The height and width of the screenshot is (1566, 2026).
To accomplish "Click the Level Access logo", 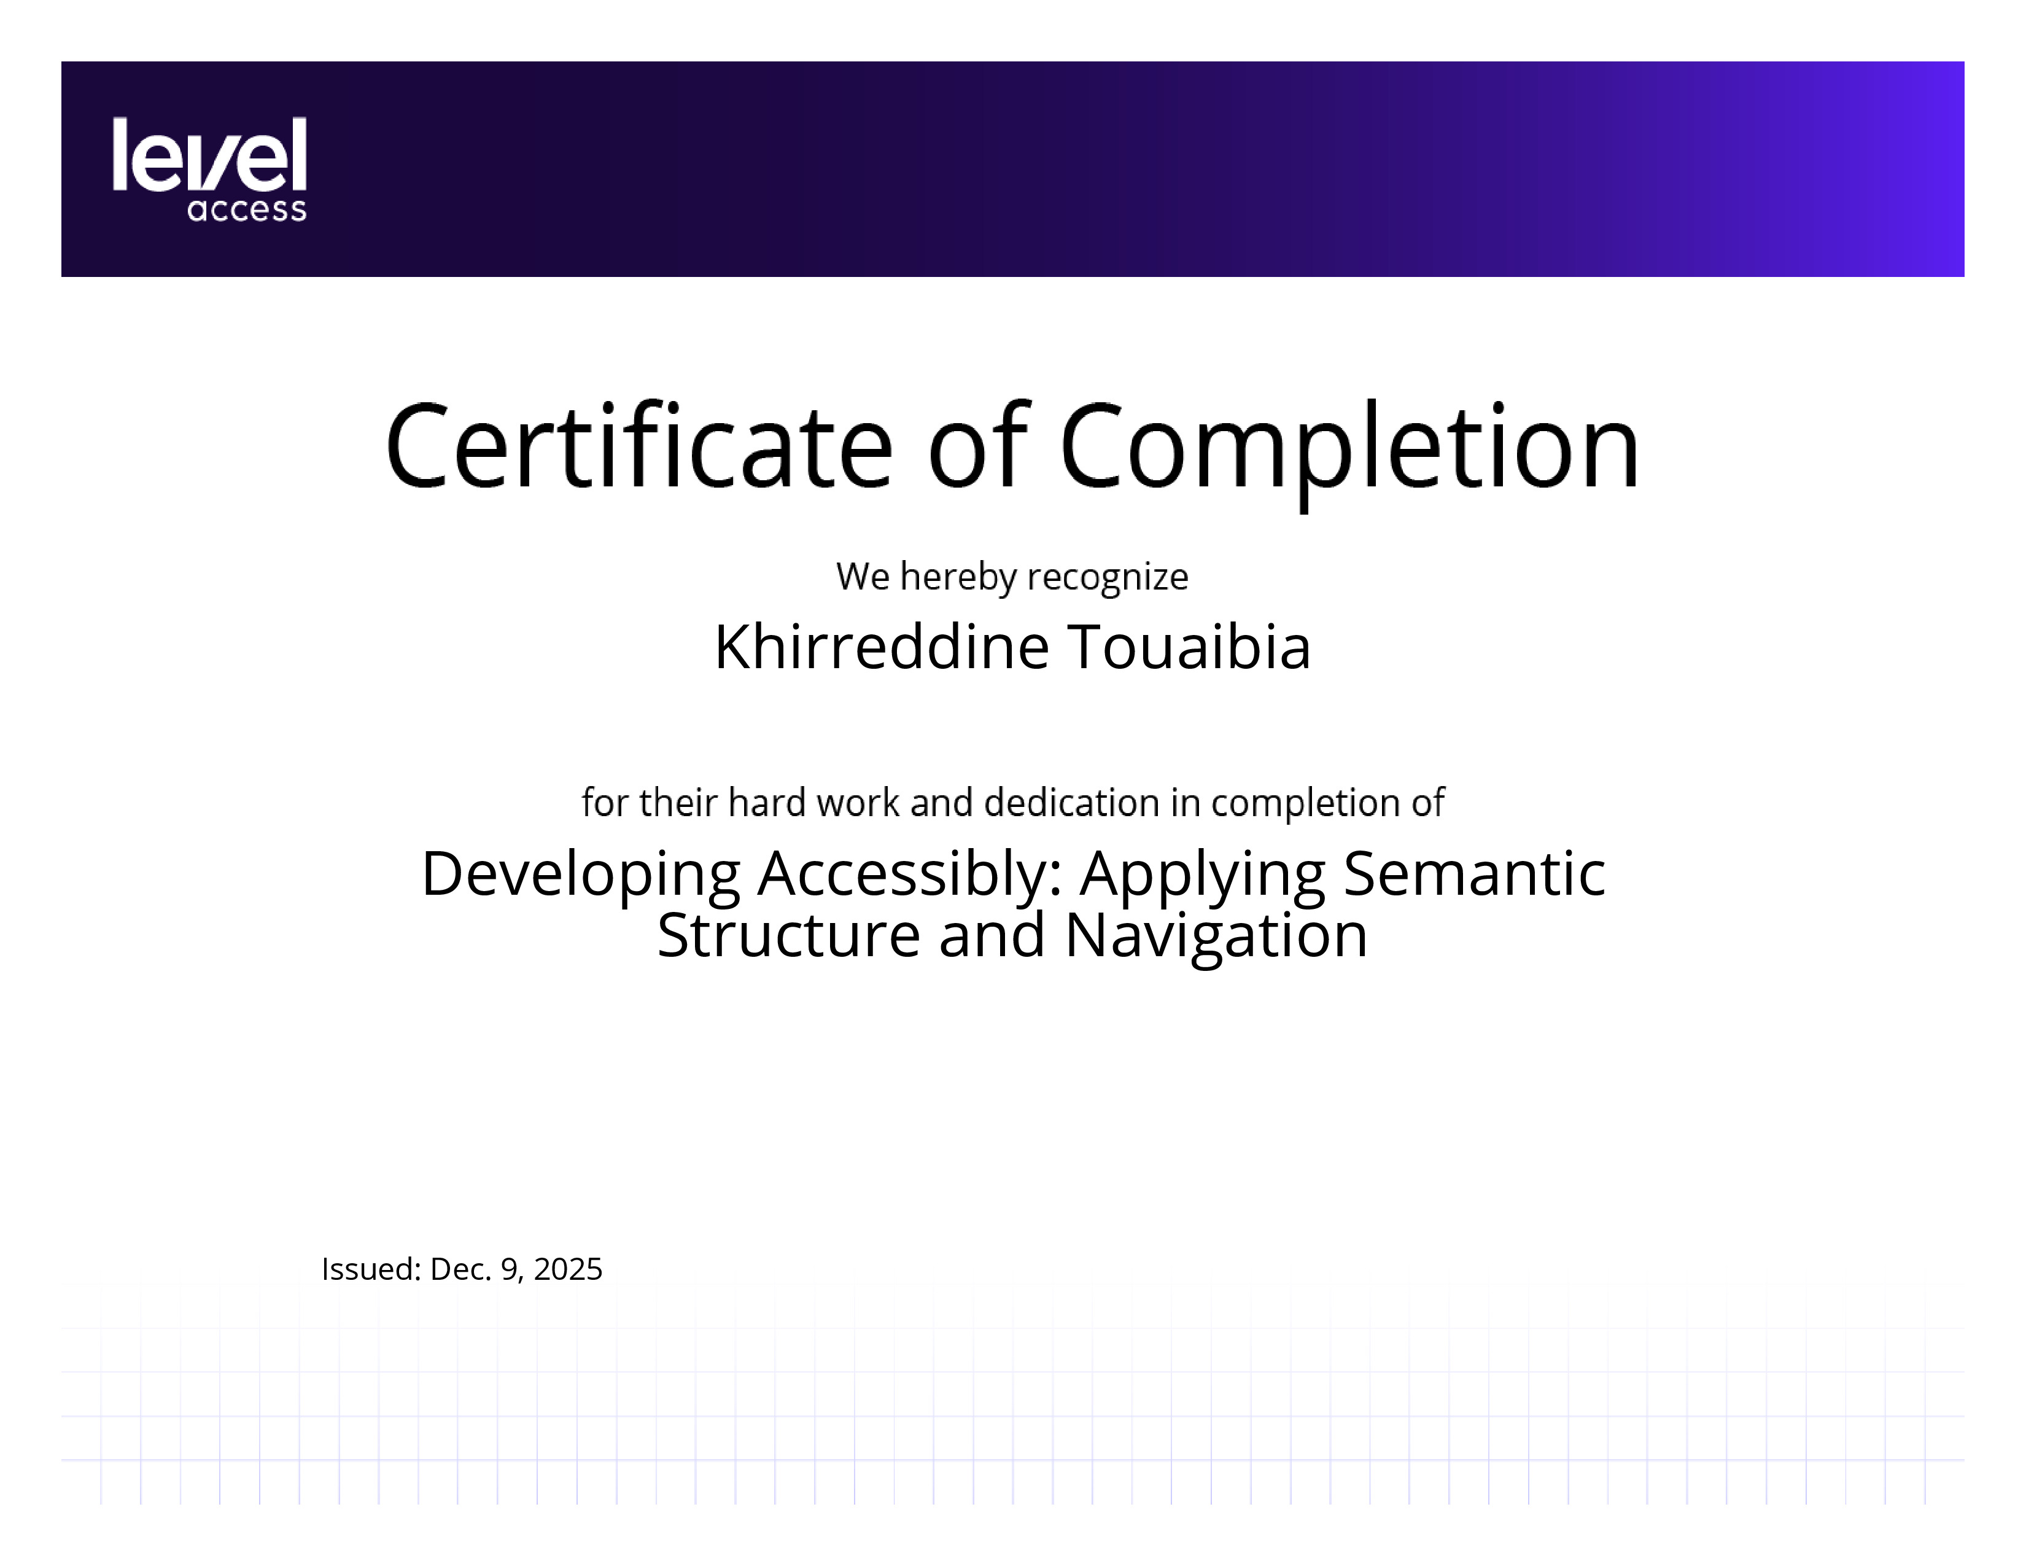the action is coord(209,169).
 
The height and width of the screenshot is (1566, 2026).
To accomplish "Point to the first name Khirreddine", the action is coord(881,647).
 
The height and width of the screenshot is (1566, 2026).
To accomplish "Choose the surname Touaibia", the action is coord(1190,647).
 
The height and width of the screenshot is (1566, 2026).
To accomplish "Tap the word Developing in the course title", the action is coord(581,876).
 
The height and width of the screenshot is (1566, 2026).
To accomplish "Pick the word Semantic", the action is coord(1474,873).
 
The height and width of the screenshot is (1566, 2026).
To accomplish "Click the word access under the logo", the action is coord(247,209).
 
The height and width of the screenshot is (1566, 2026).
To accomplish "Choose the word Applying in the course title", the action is coord(1203,876).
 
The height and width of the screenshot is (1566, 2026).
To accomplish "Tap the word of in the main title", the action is coord(978,445).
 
